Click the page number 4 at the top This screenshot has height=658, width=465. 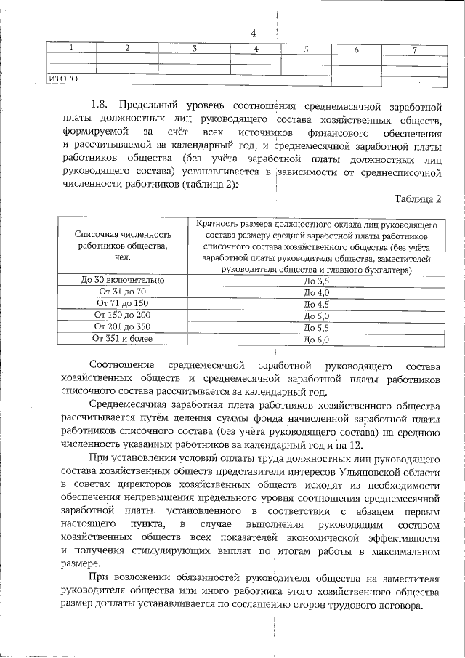[x=254, y=33]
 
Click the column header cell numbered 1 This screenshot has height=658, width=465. [x=70, y=49]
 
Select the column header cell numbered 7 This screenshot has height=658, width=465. [x=413, y=50]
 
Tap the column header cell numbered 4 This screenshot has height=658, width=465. [x=256, y=49]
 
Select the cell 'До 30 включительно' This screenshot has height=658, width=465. [x=121, y=280]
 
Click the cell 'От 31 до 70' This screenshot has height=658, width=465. [x=121, y=292]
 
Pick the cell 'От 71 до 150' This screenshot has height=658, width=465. [x=121, y=303]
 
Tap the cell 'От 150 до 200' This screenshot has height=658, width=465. [x=121, y=315]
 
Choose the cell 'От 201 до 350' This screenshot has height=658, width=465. [x=121, y=326]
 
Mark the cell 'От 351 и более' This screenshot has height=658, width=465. [x=121, y=338]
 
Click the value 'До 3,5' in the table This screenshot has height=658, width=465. [x=317, y=281]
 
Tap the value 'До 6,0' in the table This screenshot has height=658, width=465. [x=317, y=340]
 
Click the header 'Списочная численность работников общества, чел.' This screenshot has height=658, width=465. [x=121, y=246]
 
